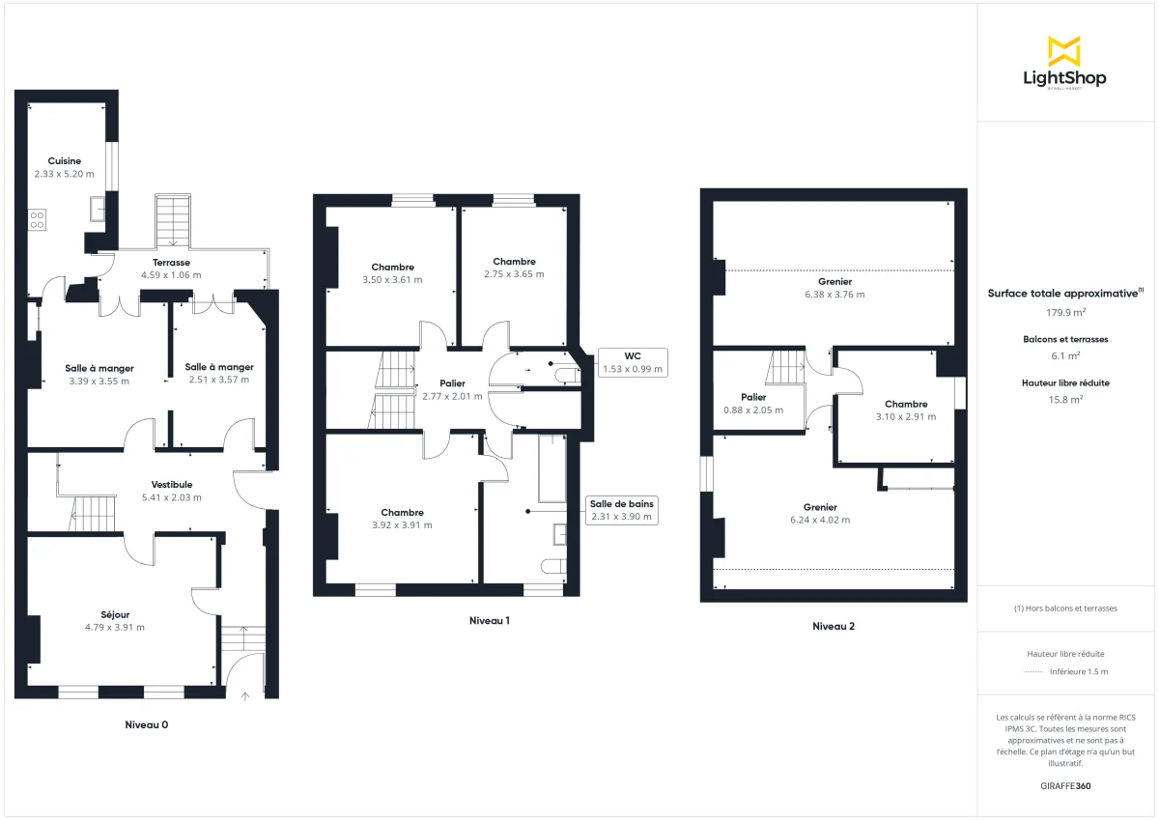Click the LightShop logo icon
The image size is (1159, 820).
[x=1064, y=51]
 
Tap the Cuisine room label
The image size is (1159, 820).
[x=65, y=161]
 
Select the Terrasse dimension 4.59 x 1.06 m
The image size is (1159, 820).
[x=171, y=275]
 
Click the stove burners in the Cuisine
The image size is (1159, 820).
[x=38, y=219]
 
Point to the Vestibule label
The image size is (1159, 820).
[x=172, y=485]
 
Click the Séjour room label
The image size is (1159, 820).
[x=115, y=614]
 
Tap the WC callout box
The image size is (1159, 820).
[x=633, y=362]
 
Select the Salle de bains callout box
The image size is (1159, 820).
[x=622, y=510]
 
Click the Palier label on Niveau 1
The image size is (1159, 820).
[x=452, y=383]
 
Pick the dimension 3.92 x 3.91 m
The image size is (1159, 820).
[x=402, y=525]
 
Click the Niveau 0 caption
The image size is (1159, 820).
[x=153, y=724]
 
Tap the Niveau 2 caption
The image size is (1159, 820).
[x=833, y=626]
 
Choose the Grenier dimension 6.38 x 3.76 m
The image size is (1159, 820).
[x=834, y=295]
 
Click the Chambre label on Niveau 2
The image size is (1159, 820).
[x=906, y=405]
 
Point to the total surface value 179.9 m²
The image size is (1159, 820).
[x=1065, y=312]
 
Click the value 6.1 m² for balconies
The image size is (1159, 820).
[x=1065, y=355]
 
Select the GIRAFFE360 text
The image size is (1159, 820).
[x=1066, y=786]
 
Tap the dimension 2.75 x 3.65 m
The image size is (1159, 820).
[x=514, y=274]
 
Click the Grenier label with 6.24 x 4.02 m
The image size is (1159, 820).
[x=820, y=507]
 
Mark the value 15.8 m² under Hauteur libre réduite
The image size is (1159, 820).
[x=1065, y=399]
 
